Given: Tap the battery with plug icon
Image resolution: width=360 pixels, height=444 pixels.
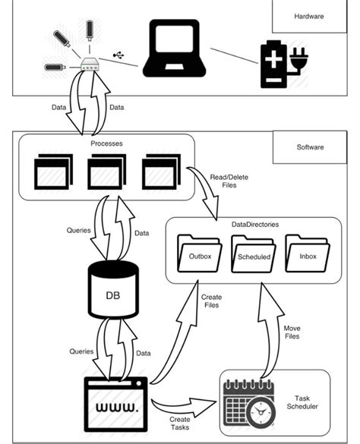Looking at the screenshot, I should tap(282, 64).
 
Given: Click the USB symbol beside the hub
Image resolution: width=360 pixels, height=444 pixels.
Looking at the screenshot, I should tap(119, 55).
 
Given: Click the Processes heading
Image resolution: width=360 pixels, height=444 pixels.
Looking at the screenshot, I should tap(106, 143).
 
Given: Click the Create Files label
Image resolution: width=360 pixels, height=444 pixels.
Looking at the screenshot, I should tap(212, 301).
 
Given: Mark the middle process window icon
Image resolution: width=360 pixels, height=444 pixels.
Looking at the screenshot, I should tap(106, 171).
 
